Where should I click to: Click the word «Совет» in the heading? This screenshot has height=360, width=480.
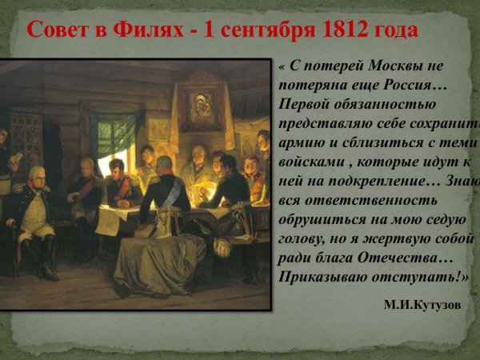tap(58, 31)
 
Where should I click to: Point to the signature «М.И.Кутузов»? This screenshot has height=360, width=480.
tap(422, 305)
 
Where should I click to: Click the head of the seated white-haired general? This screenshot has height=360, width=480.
tap(36, 174)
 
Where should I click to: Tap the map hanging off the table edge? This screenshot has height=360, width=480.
tap(107, 221)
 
